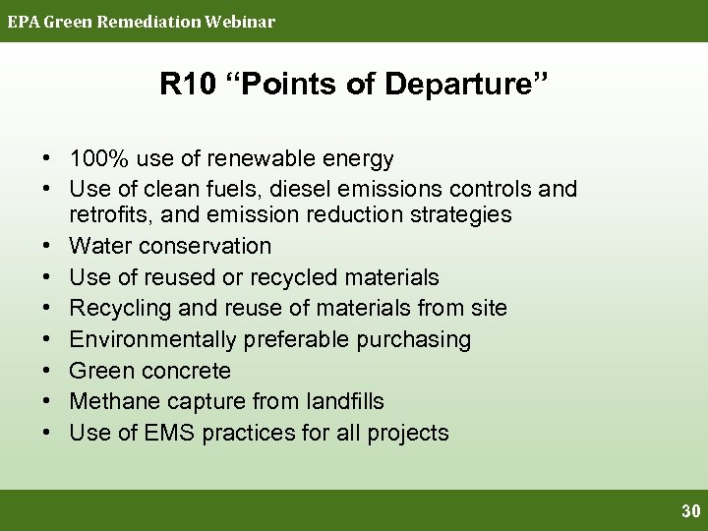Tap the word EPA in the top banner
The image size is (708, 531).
22,21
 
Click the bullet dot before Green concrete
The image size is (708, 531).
47,371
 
